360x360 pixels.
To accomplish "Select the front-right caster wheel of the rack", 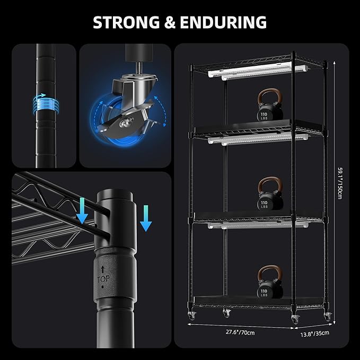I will coord(295,319).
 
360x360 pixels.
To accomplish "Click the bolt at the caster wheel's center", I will coord(125,121).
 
